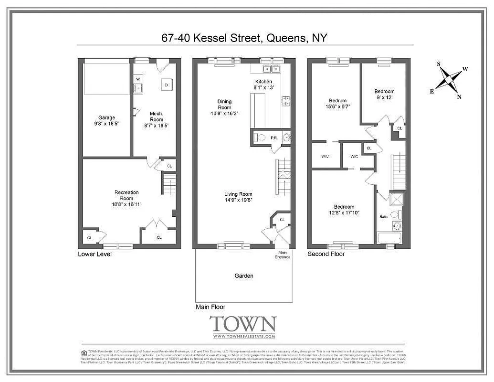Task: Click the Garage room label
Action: click(106, 117)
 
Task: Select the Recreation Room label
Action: click(126, 192)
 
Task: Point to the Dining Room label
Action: click(224, 102)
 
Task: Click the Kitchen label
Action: click(263, 82)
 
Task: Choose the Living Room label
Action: click(239, 194)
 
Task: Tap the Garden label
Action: click(243, 276)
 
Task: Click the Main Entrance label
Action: click(283, 255)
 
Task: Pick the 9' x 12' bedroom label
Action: click(384, 92)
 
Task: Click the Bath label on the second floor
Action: click(383, 217)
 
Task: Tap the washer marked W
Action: click(137, 79)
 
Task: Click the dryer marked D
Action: click(166, 85)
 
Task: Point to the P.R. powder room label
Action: click(274, 138)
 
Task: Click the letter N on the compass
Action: click(459, 97)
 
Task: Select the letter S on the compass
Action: click(438, 64)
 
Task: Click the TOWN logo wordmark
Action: click(243, 324)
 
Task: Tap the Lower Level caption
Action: click(95, 254)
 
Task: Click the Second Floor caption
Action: click(326, 254)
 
